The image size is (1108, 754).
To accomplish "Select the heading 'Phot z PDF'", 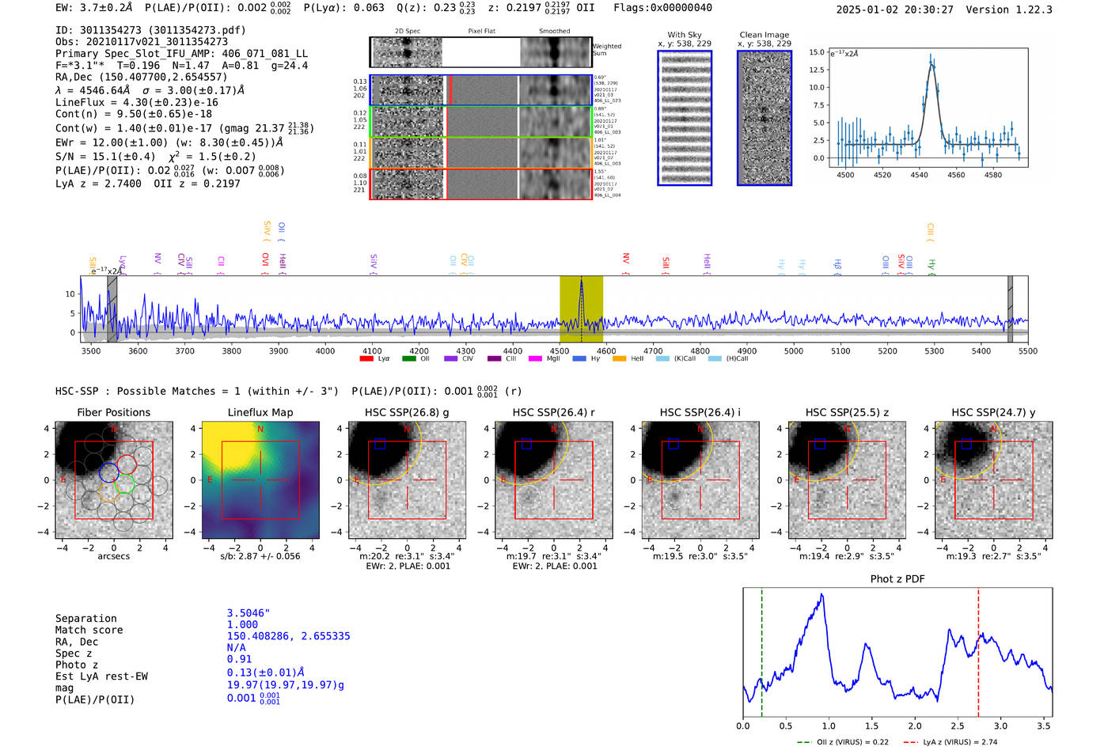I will [897, 579].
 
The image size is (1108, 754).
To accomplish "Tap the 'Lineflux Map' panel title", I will [260, 412].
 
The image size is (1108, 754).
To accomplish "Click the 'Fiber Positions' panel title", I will [113, 412].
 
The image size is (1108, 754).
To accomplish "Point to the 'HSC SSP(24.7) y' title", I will [993, 412].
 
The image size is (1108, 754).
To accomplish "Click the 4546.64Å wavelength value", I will [104, 90].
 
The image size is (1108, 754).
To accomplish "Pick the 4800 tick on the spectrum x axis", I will [700, 351].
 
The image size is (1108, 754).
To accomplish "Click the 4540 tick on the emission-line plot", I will [919, 175].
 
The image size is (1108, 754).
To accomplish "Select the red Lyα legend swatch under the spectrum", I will [366, 359].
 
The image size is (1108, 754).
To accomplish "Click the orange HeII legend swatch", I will [619, 359].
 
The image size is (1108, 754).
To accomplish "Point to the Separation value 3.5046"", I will [249, 613].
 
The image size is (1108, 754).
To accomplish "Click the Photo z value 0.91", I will [239, 659].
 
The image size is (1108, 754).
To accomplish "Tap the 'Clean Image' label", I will [764, 35].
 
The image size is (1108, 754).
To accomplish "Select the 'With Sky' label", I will [684, 35].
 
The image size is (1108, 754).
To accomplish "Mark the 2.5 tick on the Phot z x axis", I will [958, 726].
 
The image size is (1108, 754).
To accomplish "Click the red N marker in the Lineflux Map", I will [260, 430].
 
